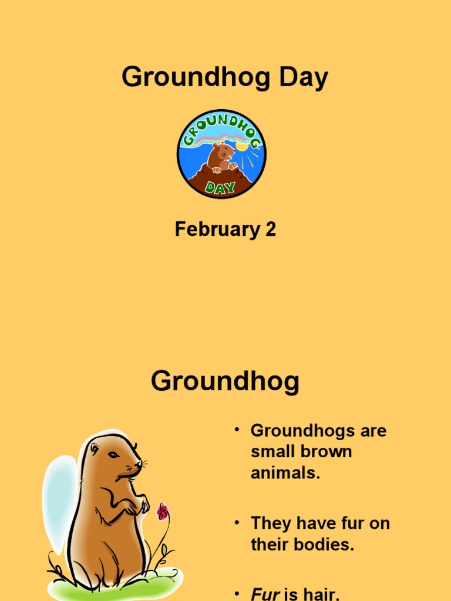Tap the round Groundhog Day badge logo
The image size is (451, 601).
click(x=221, y=154)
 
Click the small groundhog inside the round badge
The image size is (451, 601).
click(x=221, y=157)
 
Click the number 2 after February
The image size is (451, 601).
click(x=270, y=229)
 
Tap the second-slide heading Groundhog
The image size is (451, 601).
click(x=225, y=382)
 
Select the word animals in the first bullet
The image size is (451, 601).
click(x=285, y=473)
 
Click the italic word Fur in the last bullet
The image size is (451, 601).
click(x=265, y=594)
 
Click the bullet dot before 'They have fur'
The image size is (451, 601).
click(x=237, y=522)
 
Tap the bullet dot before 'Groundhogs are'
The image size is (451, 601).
click(x=237, y=430)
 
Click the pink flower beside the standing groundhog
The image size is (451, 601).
click(x=163, y=512)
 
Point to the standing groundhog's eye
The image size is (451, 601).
click(x=113, y=455)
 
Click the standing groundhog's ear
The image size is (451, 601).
click(x=95, y=449)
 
